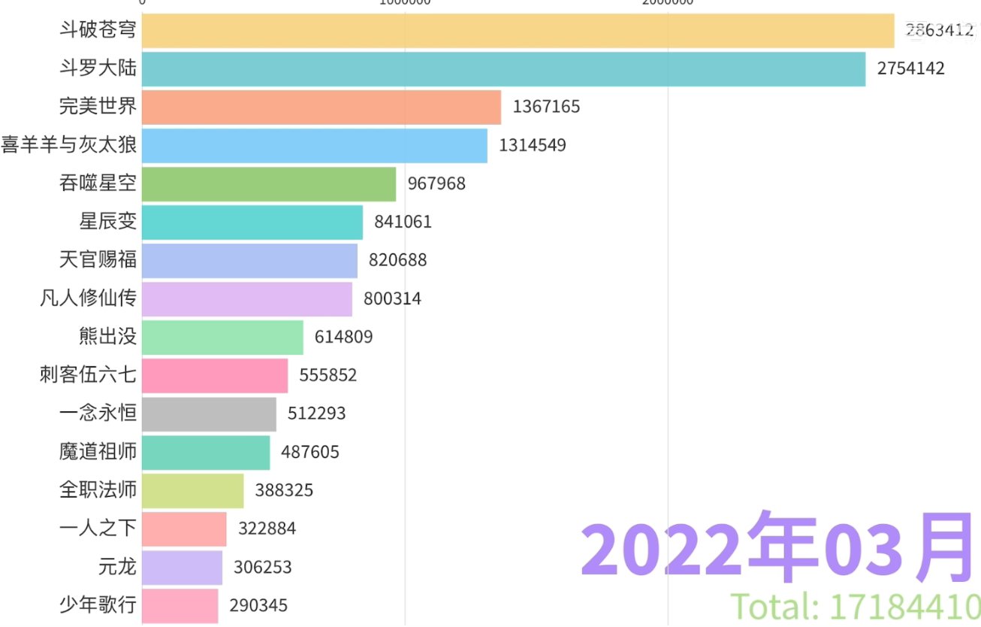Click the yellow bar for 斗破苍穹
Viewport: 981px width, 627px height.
click(x=518, y=31)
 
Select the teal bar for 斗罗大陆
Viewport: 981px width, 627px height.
click(x=503, y=69)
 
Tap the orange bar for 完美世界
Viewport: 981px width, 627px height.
click(x=321, y=107)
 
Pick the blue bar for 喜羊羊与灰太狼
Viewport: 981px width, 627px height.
click(x=314, y=146)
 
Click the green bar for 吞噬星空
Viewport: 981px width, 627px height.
click(x=268, y=184)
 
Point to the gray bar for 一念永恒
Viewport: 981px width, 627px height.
click(x=208, y=414)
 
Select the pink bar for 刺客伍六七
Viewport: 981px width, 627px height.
click(x=214, y=376)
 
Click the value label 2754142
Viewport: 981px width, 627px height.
click(x=910, y=69)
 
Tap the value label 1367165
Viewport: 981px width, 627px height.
click(x=546, y=107)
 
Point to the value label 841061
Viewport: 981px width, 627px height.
click(x=403, y=223)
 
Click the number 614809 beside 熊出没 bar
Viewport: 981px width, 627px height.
click(x=344, y=337)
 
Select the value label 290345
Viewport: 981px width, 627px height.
click(x=258, y=605)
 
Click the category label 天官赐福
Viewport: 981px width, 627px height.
click(x=98, y=261)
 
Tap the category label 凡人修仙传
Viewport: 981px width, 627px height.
click(x=88, y=299)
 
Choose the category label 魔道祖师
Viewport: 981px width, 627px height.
click(x=98, y=452)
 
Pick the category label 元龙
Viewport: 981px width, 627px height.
click(x=117, y=567)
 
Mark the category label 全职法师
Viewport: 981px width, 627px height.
click(x=98, y=490)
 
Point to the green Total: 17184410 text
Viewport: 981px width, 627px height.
click(x=856, y=607)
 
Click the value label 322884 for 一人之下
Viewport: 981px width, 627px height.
click(x=267, y=529)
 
